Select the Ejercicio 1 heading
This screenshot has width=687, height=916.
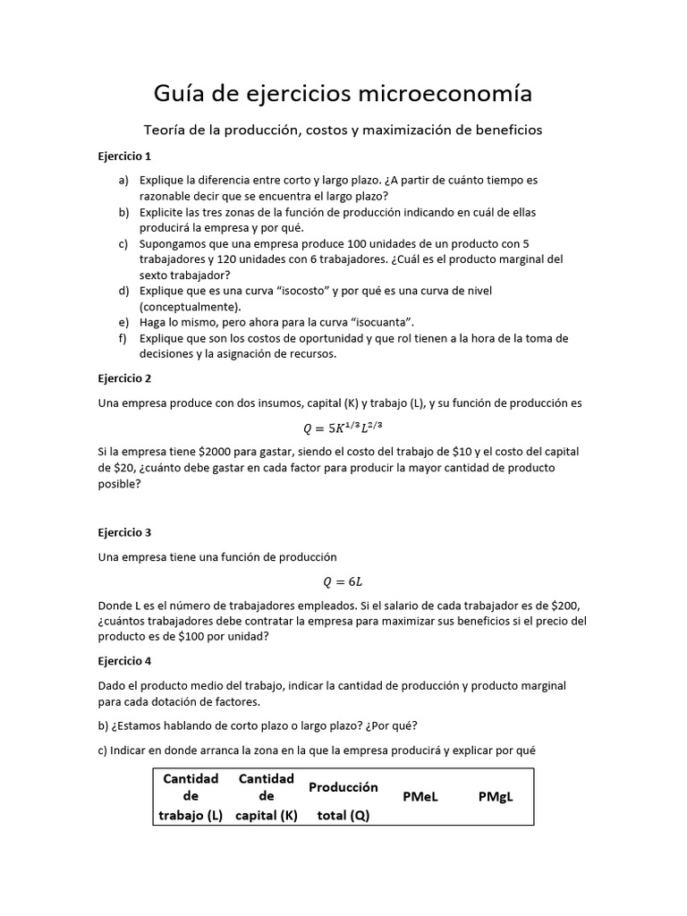[124, 156]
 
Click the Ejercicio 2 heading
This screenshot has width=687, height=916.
[124, 378]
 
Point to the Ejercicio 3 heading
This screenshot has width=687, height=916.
[124, 532]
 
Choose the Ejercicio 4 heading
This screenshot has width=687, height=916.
[124, 661]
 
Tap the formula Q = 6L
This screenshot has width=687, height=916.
[343, 581]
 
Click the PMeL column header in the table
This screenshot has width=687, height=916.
[420, 796]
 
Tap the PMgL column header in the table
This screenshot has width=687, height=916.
[495, 796]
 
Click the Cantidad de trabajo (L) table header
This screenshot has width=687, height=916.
[191, 796]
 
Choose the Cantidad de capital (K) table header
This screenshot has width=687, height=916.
[266, 796]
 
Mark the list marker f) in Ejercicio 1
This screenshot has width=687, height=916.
[123, 338]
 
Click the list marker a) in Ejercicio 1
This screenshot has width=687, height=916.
[123, 180]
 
